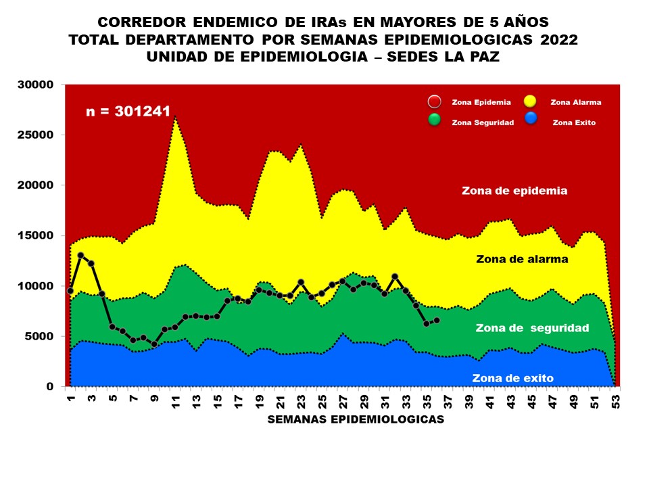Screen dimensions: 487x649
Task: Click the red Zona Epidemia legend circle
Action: coord(435,102)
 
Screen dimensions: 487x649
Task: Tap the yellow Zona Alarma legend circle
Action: coord(530,102)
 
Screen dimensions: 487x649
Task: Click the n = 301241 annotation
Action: coord(128,112)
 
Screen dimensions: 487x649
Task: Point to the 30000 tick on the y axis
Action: coord(36,85)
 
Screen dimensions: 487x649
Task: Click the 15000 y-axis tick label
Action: coord(36,236)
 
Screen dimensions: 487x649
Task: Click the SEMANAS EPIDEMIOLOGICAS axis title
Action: coord(356,419)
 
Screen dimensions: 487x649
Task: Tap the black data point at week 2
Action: coord(80,256)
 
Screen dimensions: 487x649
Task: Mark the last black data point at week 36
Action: coord(437,320)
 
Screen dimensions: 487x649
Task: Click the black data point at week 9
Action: coord(154,344)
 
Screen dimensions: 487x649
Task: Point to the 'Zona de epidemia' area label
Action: coord(514,191)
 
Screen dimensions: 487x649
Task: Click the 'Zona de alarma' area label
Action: coord(522,259)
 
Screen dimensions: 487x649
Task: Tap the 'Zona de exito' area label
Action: coord(513,378)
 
